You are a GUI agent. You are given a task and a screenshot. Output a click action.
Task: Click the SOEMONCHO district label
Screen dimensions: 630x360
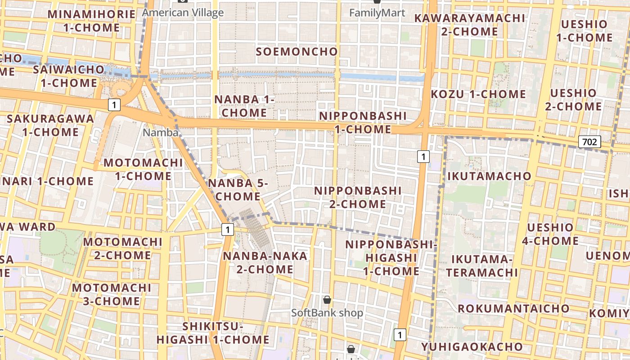click(x=297, y=51)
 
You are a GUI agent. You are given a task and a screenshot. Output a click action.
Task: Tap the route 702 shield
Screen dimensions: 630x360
click(x=589, y=142)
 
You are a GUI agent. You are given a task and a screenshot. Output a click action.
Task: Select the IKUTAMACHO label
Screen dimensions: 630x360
click(x=490, y=176)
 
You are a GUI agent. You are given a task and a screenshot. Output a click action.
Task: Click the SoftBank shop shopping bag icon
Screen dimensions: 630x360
click(x=327, y=300)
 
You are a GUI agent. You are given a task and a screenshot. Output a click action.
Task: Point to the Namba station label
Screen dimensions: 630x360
click(x=161, y=133)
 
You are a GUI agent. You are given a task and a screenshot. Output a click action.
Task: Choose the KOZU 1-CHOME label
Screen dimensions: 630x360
click(x=478, y=94)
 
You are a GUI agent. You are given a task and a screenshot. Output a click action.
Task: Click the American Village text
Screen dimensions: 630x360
click(x=183, y=13)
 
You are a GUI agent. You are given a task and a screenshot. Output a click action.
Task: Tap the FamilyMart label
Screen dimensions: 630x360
click(x=377, y=13)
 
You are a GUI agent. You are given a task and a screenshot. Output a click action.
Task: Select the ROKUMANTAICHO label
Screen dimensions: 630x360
click(x=513, y=308)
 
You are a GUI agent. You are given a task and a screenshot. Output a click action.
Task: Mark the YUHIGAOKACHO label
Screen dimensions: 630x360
click(x=472, y=346)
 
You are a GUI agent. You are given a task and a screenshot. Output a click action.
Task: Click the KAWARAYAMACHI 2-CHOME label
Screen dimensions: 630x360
click(x=469, y=25)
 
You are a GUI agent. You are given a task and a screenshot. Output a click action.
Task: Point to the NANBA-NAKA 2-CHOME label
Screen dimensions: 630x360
click(x=265, y=263)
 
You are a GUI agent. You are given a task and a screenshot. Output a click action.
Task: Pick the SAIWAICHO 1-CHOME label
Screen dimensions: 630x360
click(x=69, y=76)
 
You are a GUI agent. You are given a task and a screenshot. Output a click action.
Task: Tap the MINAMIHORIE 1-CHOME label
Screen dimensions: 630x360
click(x=91, y=21)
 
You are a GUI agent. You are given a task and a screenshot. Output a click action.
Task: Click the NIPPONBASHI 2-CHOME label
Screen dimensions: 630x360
click(x=358, y=197)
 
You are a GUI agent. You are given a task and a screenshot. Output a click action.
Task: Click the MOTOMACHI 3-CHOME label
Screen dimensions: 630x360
click(x=112, y=294)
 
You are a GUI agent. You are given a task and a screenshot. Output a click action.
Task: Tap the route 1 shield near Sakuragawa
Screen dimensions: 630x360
click(x=114, y=105)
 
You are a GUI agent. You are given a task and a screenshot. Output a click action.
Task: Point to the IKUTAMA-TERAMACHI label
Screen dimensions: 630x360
click(x=482, y=265)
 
